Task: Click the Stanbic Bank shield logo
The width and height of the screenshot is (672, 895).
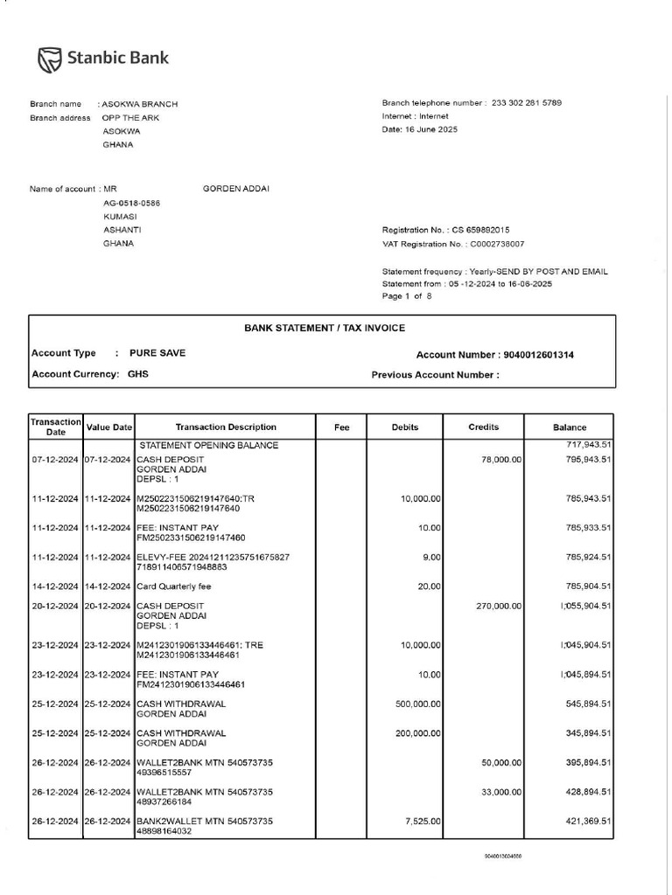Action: [x=50, y=59]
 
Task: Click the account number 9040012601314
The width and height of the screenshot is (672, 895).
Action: [x=539, y=355]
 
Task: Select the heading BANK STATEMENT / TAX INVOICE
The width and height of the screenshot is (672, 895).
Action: [x=324, y=329]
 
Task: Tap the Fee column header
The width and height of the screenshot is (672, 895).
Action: [x=342, y=427]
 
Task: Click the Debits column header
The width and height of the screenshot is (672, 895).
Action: [x=404, y=427]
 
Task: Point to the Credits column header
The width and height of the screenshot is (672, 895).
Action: [x=484, y=427]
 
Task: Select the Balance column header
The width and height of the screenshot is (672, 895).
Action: [x=570, y=427]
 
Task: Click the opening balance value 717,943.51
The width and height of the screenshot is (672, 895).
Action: [x=589, y=446]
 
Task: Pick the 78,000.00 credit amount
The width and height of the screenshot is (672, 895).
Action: [x=501, y=460]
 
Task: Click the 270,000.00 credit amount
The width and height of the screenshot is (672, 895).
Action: [x=499, y=606]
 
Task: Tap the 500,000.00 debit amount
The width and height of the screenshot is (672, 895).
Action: [x=417, y=704]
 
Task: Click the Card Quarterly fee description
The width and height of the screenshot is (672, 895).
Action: [x=173, y=586]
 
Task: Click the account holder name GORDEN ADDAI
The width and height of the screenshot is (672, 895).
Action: [x=236, y=189]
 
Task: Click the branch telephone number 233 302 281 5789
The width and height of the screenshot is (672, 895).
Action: [x=527, y=103]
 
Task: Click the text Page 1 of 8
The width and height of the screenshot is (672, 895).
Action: [x=407, y=296]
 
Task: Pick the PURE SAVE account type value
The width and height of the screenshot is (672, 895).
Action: [x=157, y=353]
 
